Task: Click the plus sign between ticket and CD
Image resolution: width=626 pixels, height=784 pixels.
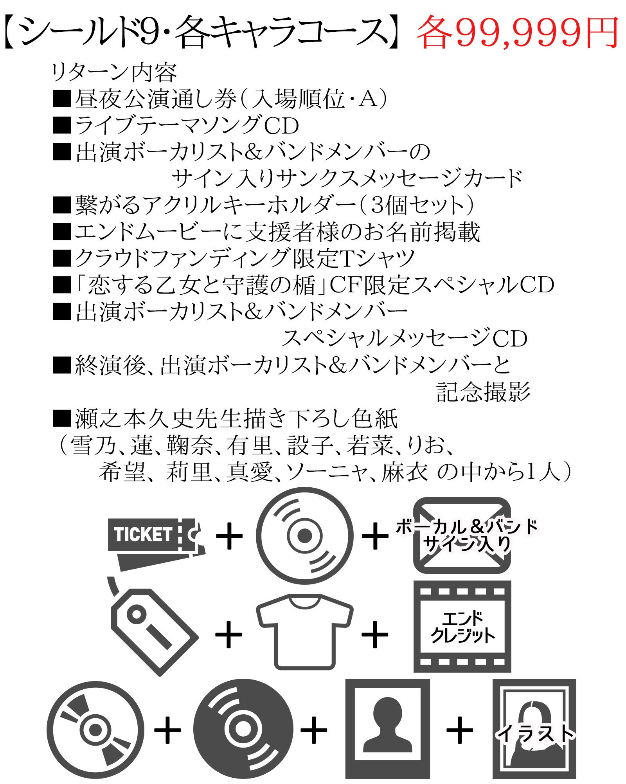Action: [229, 536]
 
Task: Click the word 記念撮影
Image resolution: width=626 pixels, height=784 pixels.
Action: [483, 392]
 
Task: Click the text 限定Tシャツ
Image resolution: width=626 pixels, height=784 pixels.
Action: [354, 258]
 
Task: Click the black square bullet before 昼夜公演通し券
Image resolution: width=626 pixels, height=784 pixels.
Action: [62, 99]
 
